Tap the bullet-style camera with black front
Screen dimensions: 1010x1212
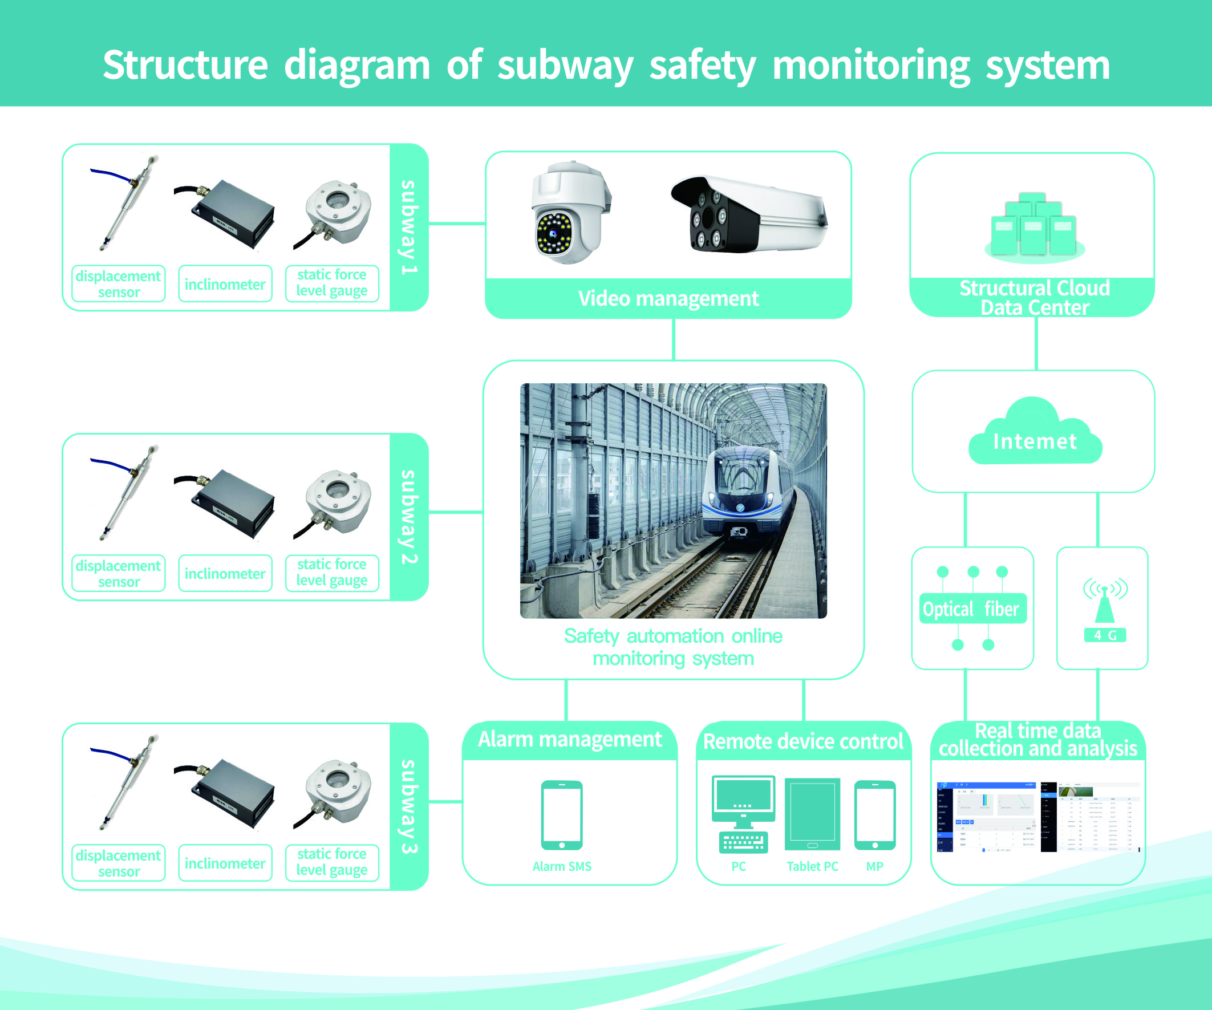point(747,214)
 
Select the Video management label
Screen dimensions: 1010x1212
point(668,298)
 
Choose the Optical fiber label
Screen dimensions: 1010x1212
point(972,609)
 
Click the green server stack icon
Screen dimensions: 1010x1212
point(1033,226)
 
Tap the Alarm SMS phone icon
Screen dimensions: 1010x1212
point(562,815)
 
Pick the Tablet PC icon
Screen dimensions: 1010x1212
point(812,814)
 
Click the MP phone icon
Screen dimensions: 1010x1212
point(874,815)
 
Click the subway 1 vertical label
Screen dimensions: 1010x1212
point(408,228)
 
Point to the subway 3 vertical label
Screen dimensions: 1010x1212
point(408,806)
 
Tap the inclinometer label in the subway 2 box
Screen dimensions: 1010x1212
point(225,574)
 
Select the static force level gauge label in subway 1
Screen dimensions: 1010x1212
point(332,283)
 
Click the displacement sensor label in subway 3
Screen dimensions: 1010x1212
point(118,863)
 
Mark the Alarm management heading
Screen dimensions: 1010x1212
point(570,739)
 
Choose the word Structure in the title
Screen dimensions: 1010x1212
point(185,64)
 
